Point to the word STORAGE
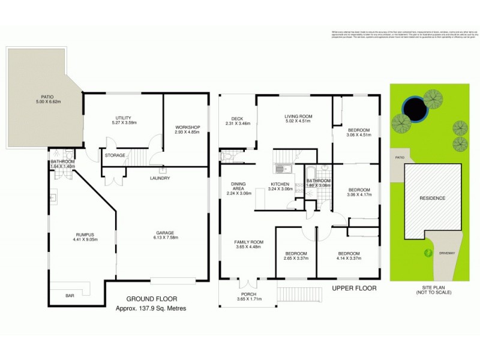pyautogui.click(x=115, y=155)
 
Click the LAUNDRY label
pyautogui.click(x=160, y=178)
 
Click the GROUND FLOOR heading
pyautogui.click(x=151, y=299)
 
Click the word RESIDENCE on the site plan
pyautogui.click(x=432, y=198)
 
